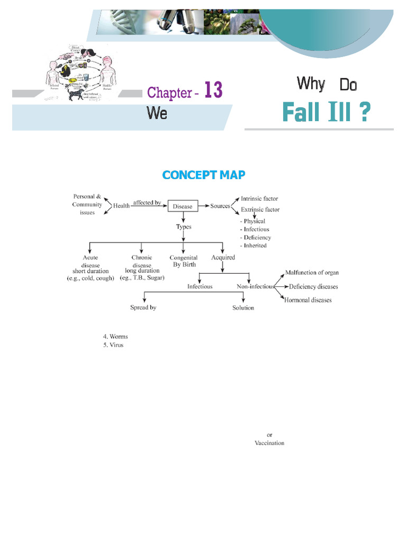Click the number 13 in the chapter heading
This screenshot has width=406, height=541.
[213, 91]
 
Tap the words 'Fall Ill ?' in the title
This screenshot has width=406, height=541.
[326, 112]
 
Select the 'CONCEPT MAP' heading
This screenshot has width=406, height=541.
[204, 175]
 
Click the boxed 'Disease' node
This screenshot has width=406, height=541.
[183, 206]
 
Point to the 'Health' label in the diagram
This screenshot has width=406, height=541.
[122, 206]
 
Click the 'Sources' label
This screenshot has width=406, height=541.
[220, 206]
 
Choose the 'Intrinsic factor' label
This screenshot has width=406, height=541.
[259, 199]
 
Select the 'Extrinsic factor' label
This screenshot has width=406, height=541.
[260, 210]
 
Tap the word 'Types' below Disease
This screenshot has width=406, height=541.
[183, 227]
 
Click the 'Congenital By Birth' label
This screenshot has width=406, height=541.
[183, 261]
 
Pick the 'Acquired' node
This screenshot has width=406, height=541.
[223, 258]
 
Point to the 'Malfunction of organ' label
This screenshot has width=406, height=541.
[312, 273]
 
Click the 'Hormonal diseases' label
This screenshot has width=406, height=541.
[308, 300]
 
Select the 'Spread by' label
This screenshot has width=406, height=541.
[143, 307]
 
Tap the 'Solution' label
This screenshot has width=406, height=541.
[243, 307]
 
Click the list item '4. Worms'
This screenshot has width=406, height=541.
[115, 337]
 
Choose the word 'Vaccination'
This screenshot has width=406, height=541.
[269, 443]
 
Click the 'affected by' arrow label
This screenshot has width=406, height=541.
[147, 202]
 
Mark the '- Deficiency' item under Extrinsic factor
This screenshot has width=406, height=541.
[255, 238]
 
